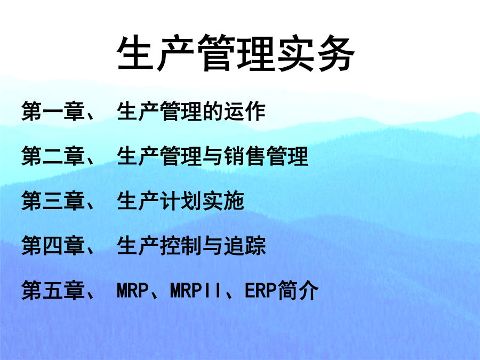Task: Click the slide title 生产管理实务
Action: pyautogui.click(x=236, y=53)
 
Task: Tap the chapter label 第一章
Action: pyautogui.click(x=53, y=111)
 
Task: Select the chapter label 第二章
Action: pyautogui.click(x=53, y=156)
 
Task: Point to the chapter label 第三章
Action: pyautogui.click(x=53, y=201)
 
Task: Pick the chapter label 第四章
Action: pyautogui.click(x=53, y=245)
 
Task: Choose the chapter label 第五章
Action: pyautogui.click(x=53, y=290)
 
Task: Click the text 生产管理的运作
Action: pyautogui.click(x=191, y=111)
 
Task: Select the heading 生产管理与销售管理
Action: pyautogui.click(x=212, y=156)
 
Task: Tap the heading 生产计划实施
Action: pyautogui.click(x=180, y=201)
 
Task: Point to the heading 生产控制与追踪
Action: pyautogui.click(x=191, y=245)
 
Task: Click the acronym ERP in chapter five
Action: pyautogui.click(x=260, y=291)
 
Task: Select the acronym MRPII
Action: pyautogui.click(x=196, y=291)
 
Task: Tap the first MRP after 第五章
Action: pyautogui.click(x=133, y=291)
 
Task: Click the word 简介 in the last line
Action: pyautogui.click(x=298, y=290)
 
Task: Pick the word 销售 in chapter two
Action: pyautogui.click(x=244, y=156)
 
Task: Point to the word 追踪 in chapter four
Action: pyautogui.click(x=245, y=245)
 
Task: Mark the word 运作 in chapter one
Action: pyautogui.click(x=245, y=111)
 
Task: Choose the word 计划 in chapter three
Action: pyautogui.click(x=180, y=201)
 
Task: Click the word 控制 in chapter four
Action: pyautogui.click(x=180, y=245)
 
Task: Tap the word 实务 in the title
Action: pyautogui.click(x=316, y=53)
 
